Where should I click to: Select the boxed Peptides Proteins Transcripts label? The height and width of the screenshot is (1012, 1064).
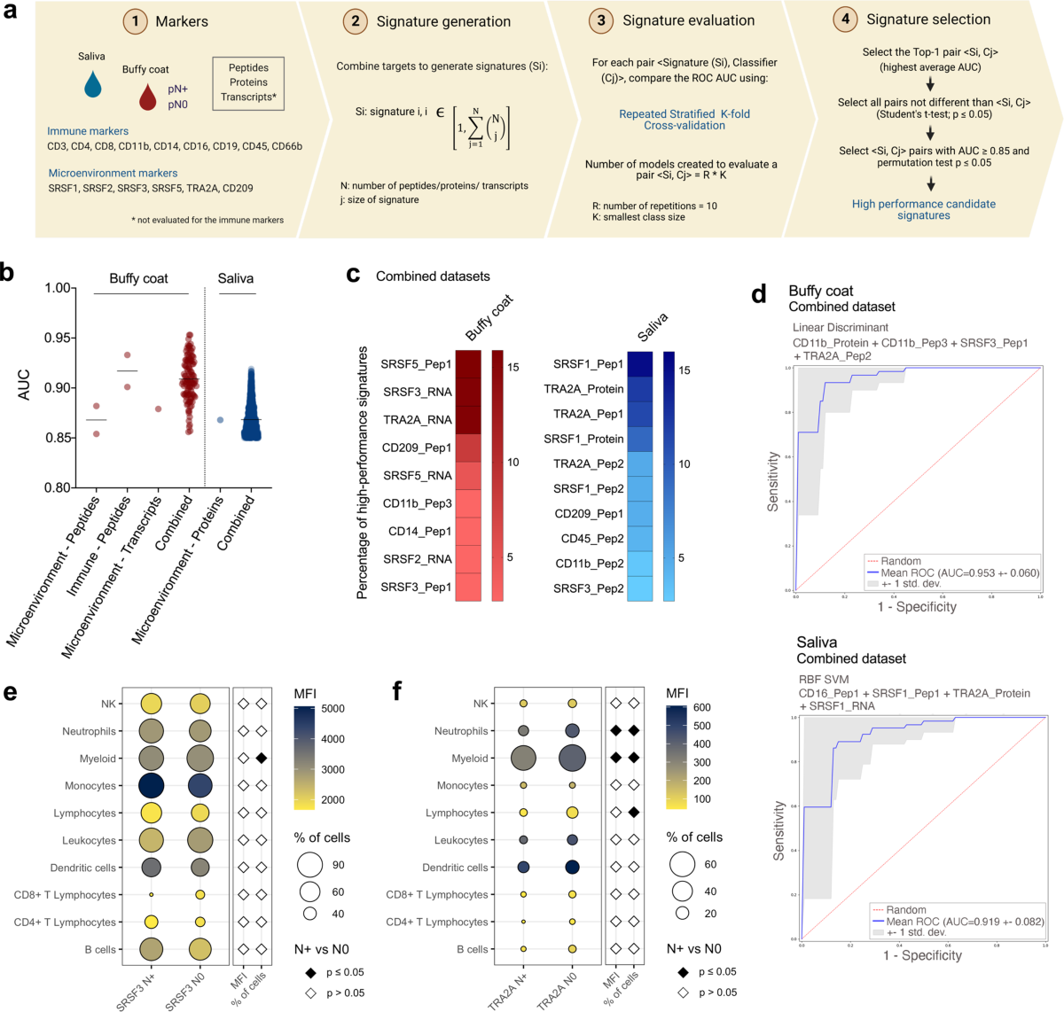[248, 82]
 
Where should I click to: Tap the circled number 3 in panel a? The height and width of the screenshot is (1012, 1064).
[601, 20]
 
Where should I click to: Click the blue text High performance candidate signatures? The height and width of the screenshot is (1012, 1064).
[923, 209]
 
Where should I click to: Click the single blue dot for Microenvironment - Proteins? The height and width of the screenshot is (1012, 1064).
[220, 419]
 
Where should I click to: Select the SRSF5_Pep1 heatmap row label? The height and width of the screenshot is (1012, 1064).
[416, 364]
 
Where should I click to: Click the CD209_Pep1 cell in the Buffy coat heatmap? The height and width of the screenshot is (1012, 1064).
[468, 448]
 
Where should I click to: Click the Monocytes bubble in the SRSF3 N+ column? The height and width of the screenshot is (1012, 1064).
[151, 786]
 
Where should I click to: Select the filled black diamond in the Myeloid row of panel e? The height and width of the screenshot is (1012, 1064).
[262, 759]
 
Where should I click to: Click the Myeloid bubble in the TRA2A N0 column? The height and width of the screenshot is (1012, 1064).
[572, 759]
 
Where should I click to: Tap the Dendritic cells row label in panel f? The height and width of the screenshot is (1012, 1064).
[455, 868]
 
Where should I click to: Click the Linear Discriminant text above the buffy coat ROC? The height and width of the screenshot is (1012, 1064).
[840, 327]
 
